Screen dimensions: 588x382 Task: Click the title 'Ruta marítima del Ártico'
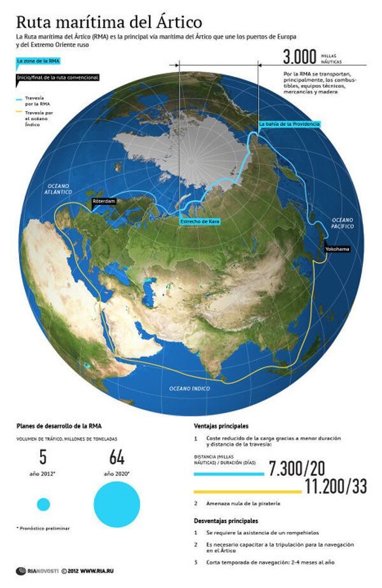(109, 24)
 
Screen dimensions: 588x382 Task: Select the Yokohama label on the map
(337, 249)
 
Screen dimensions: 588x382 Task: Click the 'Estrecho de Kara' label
(200, 221)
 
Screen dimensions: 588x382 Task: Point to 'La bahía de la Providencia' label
(288, 123)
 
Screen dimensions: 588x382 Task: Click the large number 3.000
(300, 58)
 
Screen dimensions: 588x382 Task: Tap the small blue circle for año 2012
(43, 505)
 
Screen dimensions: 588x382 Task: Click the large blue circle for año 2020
(117, 504)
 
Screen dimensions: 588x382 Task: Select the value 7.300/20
(296, 469)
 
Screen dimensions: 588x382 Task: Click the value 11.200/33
(336, 487)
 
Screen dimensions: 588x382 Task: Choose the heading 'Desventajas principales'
(226, 521)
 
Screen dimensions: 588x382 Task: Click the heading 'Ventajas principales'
(221, 426)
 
